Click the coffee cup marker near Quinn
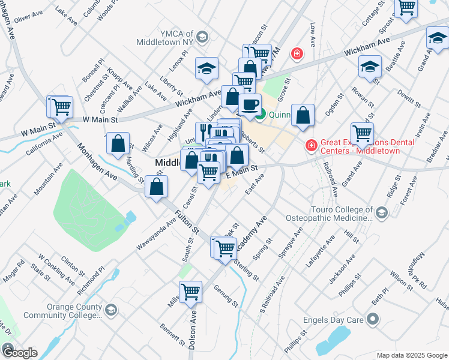250,104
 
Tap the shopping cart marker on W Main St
60,107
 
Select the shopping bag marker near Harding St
119,144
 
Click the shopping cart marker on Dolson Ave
191,293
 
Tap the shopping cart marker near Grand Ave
362,133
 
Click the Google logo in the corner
19,353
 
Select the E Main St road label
241,171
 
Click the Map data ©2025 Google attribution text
411,355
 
